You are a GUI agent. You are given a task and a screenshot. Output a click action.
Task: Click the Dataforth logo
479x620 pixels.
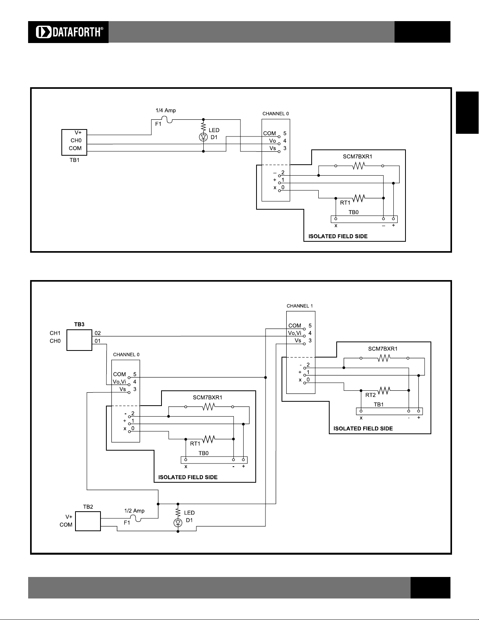point(68,32)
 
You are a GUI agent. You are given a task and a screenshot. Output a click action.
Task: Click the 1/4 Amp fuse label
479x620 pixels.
point(166,110)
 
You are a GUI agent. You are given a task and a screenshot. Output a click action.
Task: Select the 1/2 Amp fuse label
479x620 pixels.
point(134,511)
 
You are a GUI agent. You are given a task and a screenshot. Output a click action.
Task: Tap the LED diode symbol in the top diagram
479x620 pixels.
point(203,137)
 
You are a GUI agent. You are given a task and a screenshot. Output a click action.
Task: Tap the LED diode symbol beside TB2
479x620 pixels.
point(178,523)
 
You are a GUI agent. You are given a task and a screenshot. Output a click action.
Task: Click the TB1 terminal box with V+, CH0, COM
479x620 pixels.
point(74,142)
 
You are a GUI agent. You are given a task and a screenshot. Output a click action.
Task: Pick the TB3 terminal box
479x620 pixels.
point(79,340)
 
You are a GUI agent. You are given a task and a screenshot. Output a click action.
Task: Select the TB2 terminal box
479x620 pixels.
point(88,521)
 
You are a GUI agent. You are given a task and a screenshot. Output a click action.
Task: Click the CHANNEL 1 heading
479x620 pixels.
point(300,306)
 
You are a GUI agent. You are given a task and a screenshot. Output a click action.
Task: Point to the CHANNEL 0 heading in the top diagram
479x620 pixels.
point(275,113)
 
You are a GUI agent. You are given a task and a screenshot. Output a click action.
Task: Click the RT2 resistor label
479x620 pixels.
point(370,395)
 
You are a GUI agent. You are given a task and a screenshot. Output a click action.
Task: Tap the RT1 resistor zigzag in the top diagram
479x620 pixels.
point(359,198)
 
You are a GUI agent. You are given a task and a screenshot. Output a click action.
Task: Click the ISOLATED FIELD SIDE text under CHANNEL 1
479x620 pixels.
point(363,429)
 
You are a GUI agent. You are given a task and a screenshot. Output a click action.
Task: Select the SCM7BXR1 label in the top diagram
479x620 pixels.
point(357,156)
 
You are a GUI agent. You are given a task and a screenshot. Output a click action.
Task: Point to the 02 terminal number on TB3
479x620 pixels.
point(97,333)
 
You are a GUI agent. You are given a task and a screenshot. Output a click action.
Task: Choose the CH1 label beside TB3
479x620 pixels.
point(55,333)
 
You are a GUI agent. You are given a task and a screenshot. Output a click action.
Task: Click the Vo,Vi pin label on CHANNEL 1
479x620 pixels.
point(294,333)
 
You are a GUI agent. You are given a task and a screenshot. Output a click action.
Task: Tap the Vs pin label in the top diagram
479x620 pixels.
point(273,148)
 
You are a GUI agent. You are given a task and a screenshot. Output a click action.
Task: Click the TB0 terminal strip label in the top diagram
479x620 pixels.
point(353,212)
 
